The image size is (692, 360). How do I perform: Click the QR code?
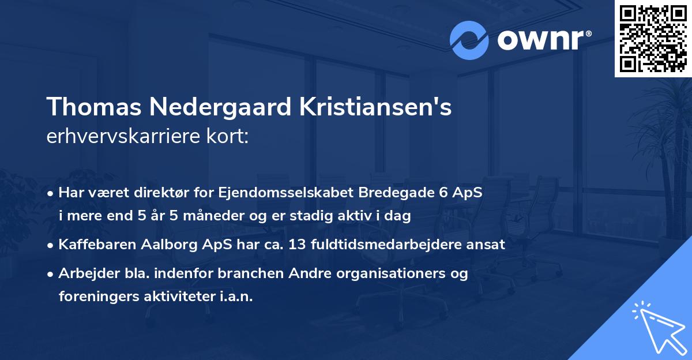(653, 39)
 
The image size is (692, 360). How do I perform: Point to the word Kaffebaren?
(96, 244)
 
